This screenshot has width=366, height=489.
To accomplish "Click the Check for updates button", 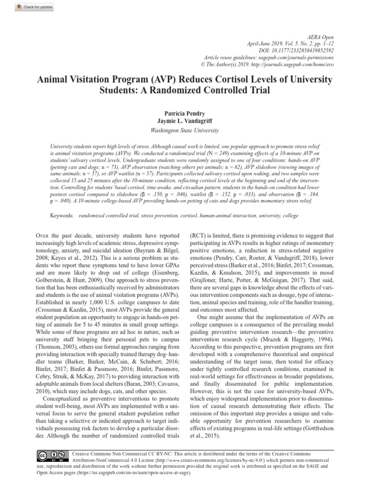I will (x=34, y=8).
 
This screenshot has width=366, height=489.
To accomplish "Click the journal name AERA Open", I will (x=320, y=37).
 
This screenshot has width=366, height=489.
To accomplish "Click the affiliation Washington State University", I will (x=183, y=130).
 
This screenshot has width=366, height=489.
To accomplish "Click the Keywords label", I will (x=62, y=216).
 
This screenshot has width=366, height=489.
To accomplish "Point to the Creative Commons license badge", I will (x=52, y=455).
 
